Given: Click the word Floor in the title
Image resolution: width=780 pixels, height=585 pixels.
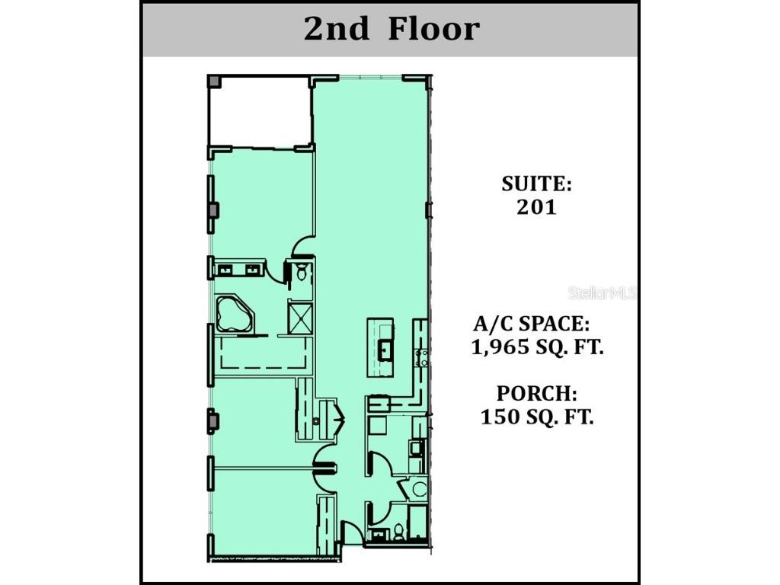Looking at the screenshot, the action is click(x=433, y=29).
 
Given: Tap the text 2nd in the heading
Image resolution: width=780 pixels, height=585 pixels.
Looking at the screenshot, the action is click(x=336, y=29).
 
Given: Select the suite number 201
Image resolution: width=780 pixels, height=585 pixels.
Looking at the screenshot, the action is click(x=536, y=207).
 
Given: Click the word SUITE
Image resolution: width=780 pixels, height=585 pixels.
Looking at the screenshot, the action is click(x=536, y=184).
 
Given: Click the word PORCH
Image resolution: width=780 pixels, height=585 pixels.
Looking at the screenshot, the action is click(x=537, y=394).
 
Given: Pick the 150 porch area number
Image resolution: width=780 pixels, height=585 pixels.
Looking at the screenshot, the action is click(x=500, y=417).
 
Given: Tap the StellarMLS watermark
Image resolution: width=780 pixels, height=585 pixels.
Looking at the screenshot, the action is click(x=602, y=292).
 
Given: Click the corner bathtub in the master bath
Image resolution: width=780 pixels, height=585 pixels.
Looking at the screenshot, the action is click(x=235, y=315).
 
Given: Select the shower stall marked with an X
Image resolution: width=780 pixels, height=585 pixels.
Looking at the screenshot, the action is click(x=300, y=318).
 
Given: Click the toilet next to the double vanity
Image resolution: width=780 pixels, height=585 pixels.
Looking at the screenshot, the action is click(x=302, y=272).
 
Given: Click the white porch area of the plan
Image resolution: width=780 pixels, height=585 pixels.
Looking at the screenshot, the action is click(x=259, y=112).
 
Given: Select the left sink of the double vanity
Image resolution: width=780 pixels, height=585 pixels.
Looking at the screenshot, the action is click(x=225, y=270).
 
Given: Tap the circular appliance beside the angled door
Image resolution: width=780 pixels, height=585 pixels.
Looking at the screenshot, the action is click(x=419, y=489).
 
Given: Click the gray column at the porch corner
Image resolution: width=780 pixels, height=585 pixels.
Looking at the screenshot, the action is click(x=213, y=82).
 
